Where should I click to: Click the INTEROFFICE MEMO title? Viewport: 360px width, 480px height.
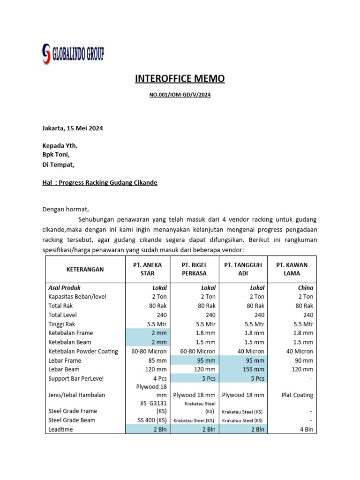[x=180, y=78]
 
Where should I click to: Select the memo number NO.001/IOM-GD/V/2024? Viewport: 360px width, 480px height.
[x=180, y=95]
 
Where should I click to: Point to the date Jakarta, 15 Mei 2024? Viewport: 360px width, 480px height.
[x=73, y=128]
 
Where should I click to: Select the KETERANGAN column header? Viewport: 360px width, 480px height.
[x=85, y=269]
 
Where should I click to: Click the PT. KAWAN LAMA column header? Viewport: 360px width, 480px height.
[x=292, y=269]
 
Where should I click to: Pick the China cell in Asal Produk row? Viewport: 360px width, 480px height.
[x=305, y=288]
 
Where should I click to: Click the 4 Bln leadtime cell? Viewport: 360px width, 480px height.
[x=305, y=429]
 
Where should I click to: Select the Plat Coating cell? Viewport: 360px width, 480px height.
[x=297, y=395]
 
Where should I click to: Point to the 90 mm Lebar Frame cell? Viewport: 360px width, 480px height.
[x=303, y=360]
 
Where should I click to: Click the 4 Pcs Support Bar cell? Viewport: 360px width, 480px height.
[x=157, y=378]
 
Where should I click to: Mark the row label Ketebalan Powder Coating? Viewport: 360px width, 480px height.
[x=83, y=352]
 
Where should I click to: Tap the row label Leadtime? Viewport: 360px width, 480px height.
[x=61, y=429]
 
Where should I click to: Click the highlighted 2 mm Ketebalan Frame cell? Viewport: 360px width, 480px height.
[x=158, y=333]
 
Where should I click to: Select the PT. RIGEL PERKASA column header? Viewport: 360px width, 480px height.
[x=195, y=269]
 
